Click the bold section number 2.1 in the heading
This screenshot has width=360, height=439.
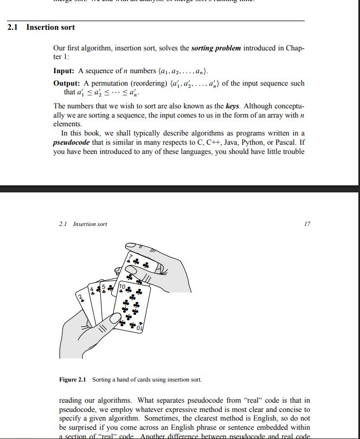point(14,27)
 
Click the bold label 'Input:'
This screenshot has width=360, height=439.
point(64,71)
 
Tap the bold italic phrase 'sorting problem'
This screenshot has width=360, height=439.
point(216,48)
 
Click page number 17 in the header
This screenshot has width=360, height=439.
point(307,224)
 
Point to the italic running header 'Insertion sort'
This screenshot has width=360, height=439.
point(90,224)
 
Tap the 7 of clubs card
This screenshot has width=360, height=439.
point(142,266)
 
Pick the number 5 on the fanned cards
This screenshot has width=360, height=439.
point(104,286)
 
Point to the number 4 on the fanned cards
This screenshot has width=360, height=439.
point(92,288)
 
